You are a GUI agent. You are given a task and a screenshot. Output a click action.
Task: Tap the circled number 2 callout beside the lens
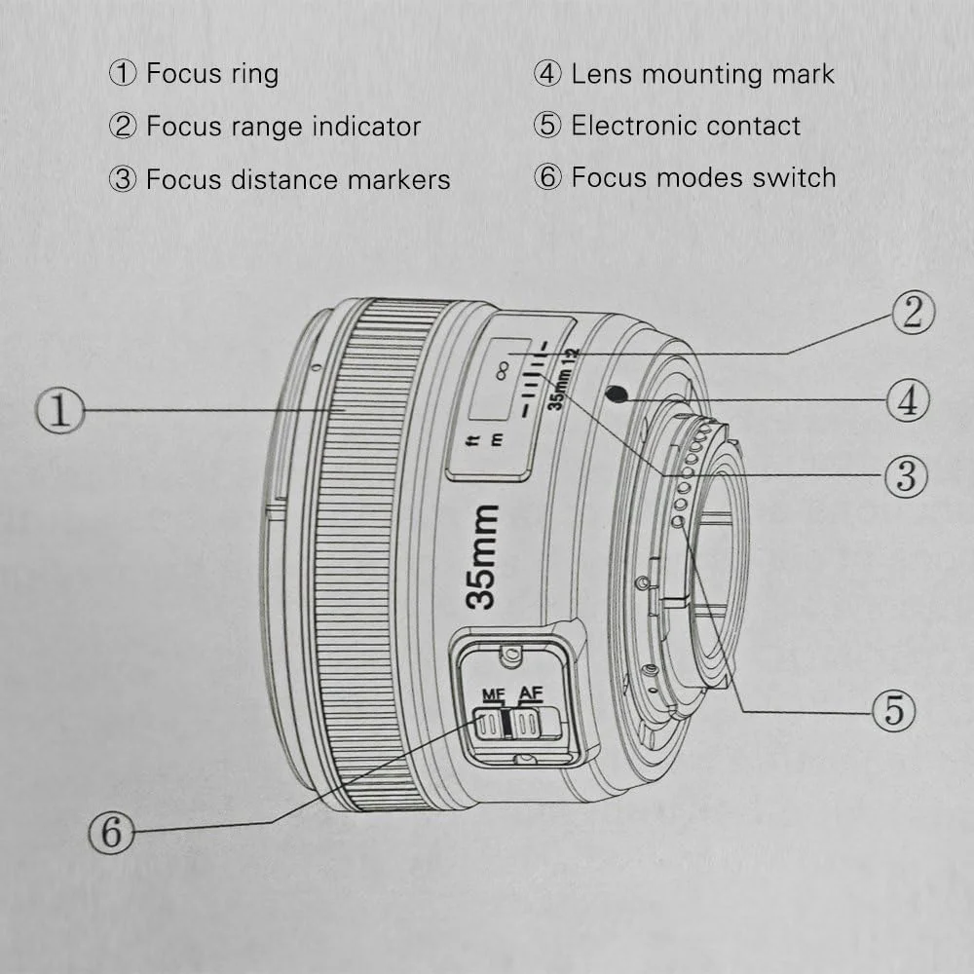(x=913, y=313)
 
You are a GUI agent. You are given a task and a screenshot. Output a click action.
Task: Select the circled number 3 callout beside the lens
(x=906, y=476)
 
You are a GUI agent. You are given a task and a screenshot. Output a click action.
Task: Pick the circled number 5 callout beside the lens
(x=894, y=711)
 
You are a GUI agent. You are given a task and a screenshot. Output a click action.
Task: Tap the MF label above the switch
(x=495, y=695)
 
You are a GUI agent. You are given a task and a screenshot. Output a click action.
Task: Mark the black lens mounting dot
(x=615, y=393)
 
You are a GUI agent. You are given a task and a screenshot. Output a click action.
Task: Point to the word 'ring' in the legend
(x=253, y=74)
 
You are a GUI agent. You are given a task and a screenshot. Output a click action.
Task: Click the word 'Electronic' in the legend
(x=634, y=126)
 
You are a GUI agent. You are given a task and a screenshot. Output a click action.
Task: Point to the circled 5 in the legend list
(x=548, y=126)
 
